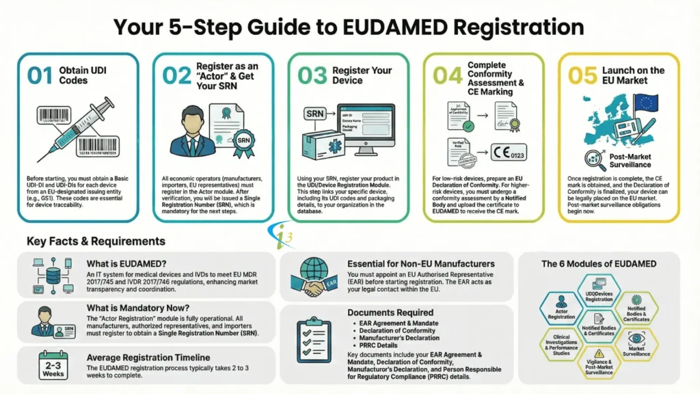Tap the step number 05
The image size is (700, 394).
[582, 75]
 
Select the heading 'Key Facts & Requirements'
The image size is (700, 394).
[96, 241]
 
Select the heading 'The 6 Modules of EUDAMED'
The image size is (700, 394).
[599, 263]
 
